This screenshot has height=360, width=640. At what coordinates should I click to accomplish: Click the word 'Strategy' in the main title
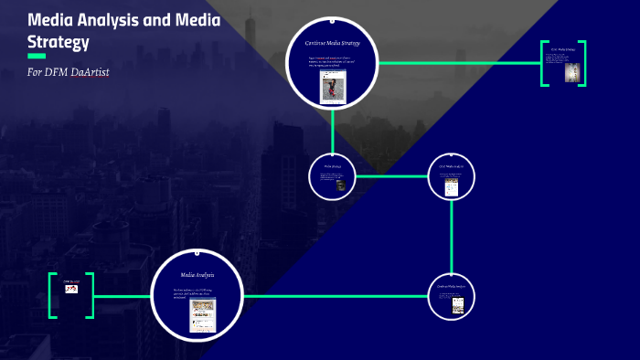click(x=59, y=40)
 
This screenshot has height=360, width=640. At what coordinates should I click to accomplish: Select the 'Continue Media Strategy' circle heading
click(x=332, y=43)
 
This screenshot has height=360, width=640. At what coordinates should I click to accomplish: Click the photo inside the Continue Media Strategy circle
click(x=331, y=87)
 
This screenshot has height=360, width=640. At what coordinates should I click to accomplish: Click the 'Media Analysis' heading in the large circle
click(x=197, y=274)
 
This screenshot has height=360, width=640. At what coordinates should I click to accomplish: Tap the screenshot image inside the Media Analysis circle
click(x=202, y=314)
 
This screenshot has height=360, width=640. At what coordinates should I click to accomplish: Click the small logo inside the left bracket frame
click(x=71, y=289)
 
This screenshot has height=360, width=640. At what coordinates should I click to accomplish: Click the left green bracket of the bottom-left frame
click(x=51, y=295)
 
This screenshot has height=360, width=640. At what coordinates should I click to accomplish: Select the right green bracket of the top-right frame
click(x=582, y=64)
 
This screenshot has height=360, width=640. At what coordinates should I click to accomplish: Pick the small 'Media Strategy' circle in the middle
click(x=332, y=175)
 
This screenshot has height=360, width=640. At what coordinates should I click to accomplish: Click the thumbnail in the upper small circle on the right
click(x=451, y=187)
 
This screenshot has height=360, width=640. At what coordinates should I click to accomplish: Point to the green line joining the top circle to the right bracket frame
click(x=457, y=63)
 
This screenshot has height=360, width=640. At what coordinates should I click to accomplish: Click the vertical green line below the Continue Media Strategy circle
click(x=332, y=128)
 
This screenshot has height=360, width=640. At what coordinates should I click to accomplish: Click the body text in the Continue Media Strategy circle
click(x=333, y=61)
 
